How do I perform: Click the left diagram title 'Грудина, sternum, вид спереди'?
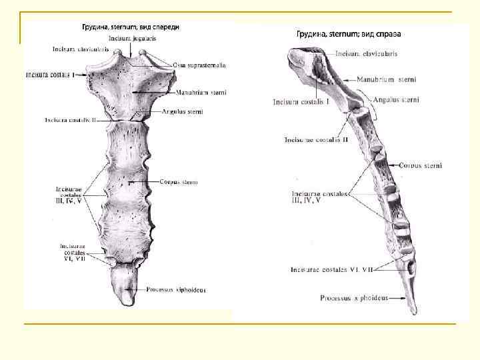click(x=131, y=27)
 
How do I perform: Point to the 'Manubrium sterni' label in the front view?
click(x=202, y=93)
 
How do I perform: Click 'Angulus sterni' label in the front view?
click(x=183, y=112)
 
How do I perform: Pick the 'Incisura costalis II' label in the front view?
click(x=71, y=121)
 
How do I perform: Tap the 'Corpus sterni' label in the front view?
click(x=179, y=182)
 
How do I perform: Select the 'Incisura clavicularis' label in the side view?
click(x=365, y=53)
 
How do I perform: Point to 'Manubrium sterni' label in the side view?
click(x=386, y=79)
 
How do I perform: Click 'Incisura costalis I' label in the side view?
click(x=301, y=102)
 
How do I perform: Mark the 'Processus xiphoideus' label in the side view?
click(x=355, y=298)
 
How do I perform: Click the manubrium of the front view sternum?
click(x=133, y=90)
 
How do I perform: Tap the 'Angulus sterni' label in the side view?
click(x=396, y=100)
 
